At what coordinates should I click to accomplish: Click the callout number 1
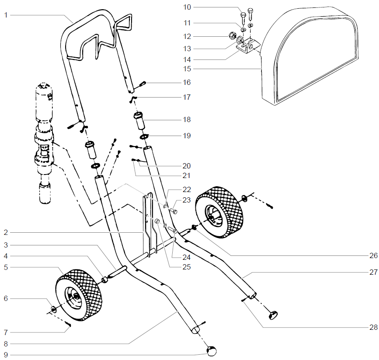[6, 15]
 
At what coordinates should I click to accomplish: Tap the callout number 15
[187, 69]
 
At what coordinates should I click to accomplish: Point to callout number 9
[6, 354]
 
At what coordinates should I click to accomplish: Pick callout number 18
[187, 119]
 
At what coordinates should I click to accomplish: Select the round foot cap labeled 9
[212, 350]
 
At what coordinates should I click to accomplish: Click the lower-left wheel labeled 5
[79, 297]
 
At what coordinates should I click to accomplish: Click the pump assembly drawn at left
[44, 140]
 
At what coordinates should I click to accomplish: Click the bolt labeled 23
[174, 212]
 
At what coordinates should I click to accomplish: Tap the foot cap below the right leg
[274, 314]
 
